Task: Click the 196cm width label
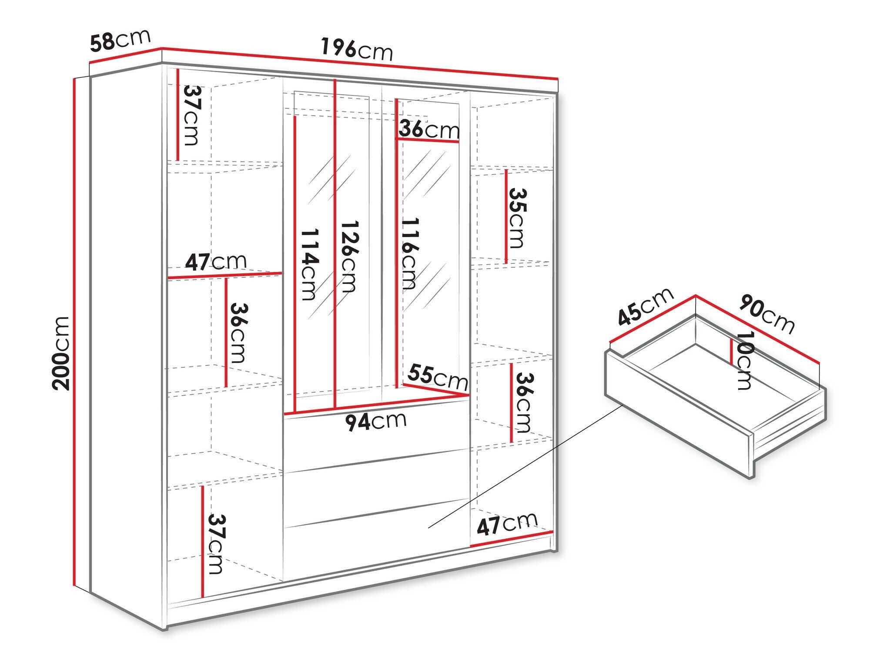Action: (x=357, y=49)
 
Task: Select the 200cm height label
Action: (x=61, y=353)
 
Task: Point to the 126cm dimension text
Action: (x=349, y=256)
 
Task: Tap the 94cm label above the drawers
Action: (x=376, y=421)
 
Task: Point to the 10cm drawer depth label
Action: (x=744, y=360)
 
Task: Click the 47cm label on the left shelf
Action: (x=216, y=262)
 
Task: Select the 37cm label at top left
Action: (x=191, y=115)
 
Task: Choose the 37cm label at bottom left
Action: (x=216, y=544)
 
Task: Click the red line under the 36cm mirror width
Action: (x=427, y=140)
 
